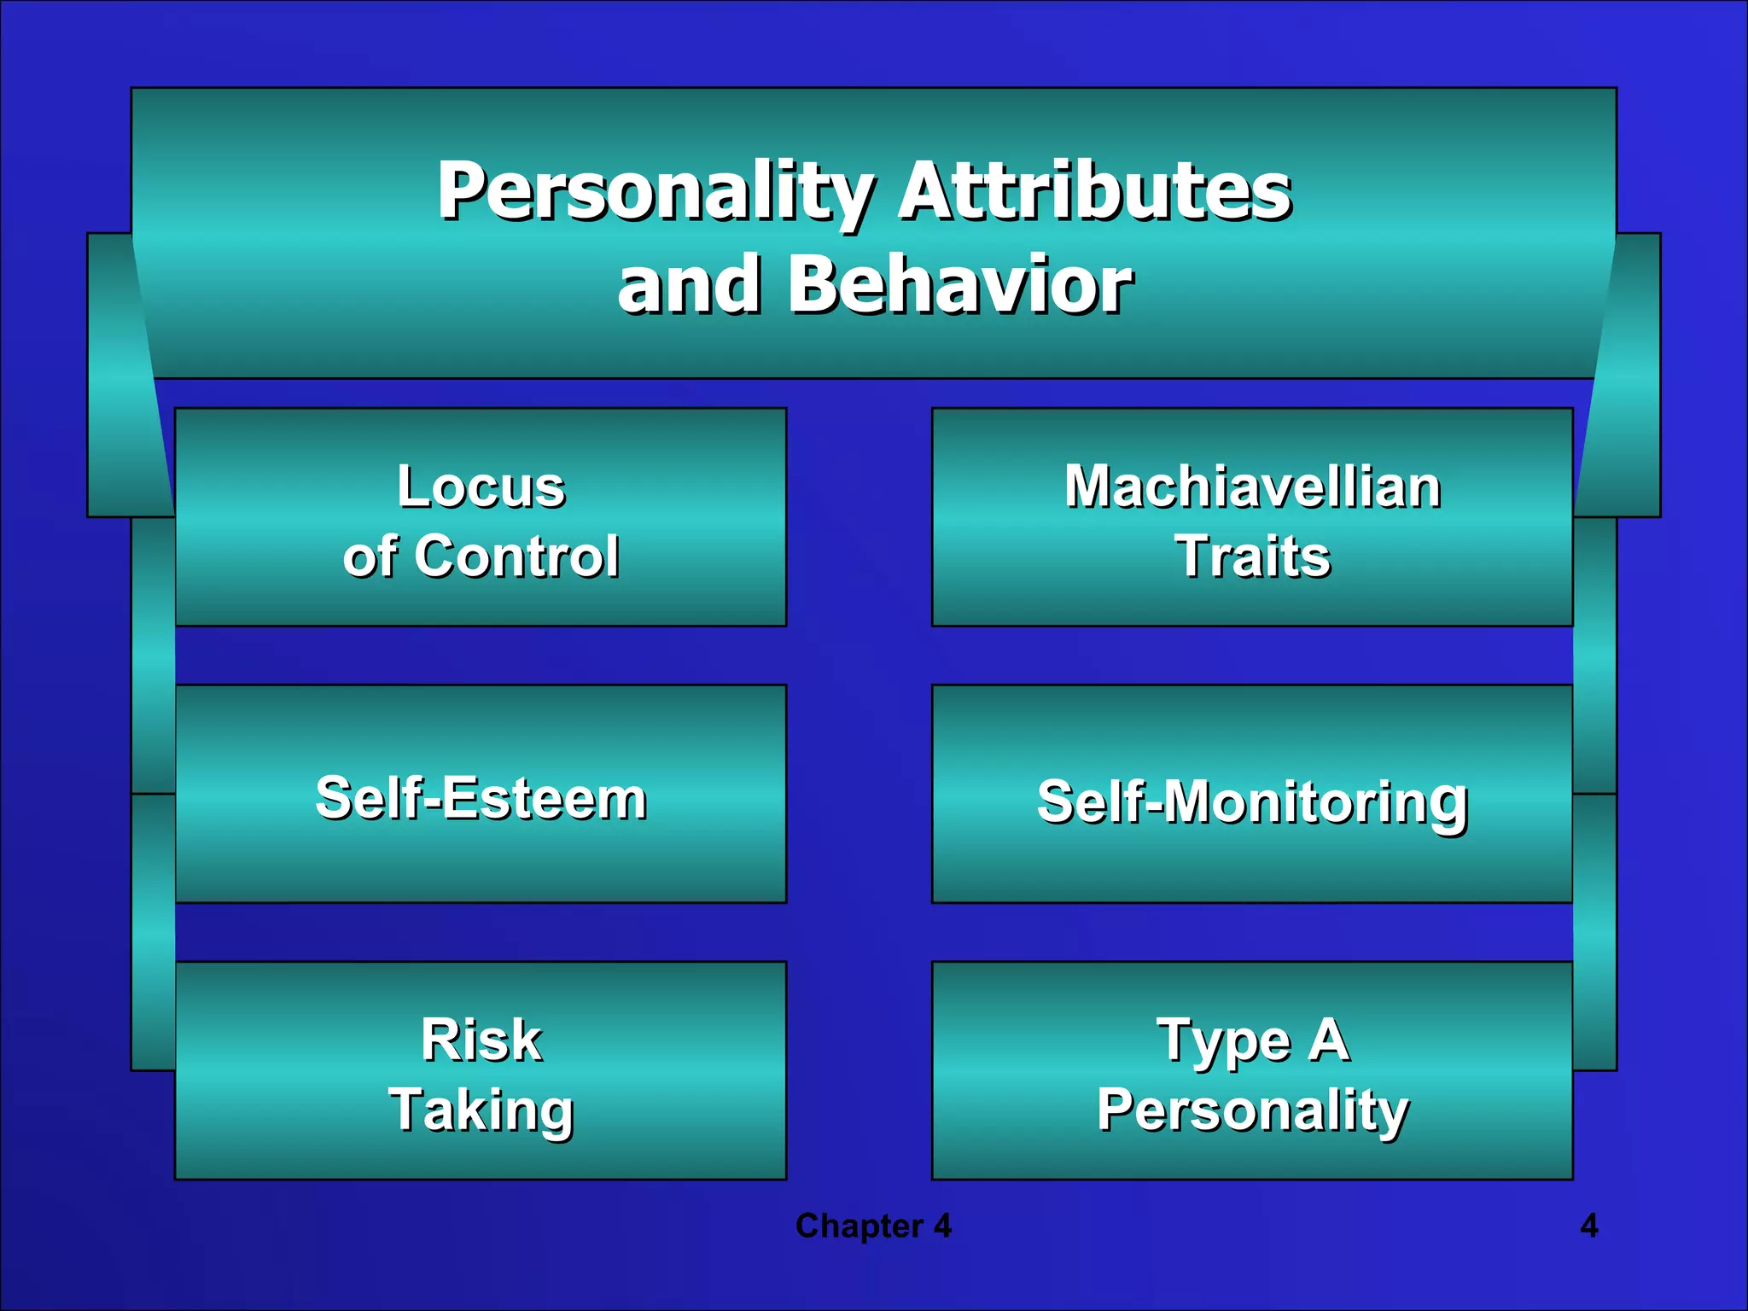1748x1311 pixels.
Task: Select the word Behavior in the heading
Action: (x=959, y=285)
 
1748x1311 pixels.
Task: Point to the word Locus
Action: (x=481, y=487)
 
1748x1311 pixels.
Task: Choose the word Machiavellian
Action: (x=1252, y=487)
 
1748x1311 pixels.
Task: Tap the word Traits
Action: (x=1252, y=556)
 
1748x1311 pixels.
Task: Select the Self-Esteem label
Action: (x=481, y=798)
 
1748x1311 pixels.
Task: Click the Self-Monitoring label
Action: (x=1252, y=802)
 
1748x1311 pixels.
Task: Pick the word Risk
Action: (x=481, y=1040)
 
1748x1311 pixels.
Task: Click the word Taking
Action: (x=481, y=1110)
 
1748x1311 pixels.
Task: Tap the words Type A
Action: (x=1252, y=1040)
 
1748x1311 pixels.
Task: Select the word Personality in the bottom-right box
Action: (x=1252, y=1110)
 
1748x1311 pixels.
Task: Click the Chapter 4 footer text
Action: (x=873, y=1226)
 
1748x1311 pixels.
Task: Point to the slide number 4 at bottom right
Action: (x=1589, y=1226)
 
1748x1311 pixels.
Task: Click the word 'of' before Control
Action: (x=370, y=556)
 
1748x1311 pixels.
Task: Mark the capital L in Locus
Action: (x=413, y=487)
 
